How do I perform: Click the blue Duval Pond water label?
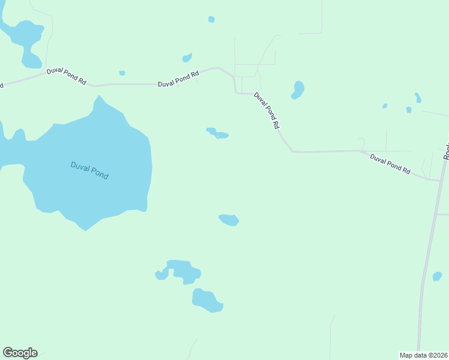pyautogui.click(x=89, y=170)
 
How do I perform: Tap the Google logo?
pyautogui.click(x=20, y=353)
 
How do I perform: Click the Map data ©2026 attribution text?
pyautogui.click(x=424, y=355)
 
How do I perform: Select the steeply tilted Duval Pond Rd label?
pyautogui.click(x=267, y=110)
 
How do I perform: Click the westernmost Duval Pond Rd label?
pyautogui.click(x=66, y=76)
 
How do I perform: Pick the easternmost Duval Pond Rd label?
pyautogui.click(x=390, y=164)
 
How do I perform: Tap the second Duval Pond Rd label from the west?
pyautogui.click(x=178, y=79)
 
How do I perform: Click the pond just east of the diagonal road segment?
pyautogui.click(x=298, y=89)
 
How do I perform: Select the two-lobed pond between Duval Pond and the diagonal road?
pyautogui.click(x=218, y=133)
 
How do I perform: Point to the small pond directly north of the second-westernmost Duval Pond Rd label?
pyautogui.click(x=187, y=58)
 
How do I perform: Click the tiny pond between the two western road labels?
pyautogui.click(x=122, y=73)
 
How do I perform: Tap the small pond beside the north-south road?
pyautogui.click(x=437, y=277)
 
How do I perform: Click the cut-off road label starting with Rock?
pyautogui.click(x=446, y=151)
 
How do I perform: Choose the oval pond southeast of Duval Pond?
pyautogui.click(x=229, y=220)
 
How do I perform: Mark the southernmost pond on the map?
pyautogui.click(x=207, y=300)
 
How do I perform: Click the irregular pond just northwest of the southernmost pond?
pyautogui.click(x=182, y=271)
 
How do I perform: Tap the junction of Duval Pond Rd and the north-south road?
pyautogui.click(x=441, y=180)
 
